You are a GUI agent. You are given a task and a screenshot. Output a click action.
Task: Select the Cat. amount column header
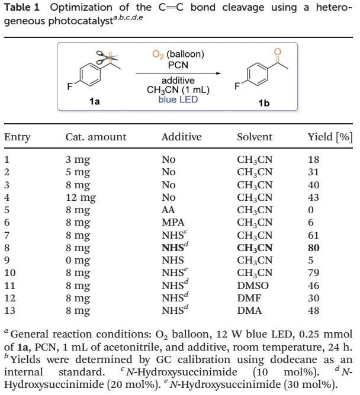(x=96, y=137)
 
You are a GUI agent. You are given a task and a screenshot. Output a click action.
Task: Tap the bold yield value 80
(x=314, y=248)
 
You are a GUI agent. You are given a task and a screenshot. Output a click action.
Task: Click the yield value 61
(x=314, y=235)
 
